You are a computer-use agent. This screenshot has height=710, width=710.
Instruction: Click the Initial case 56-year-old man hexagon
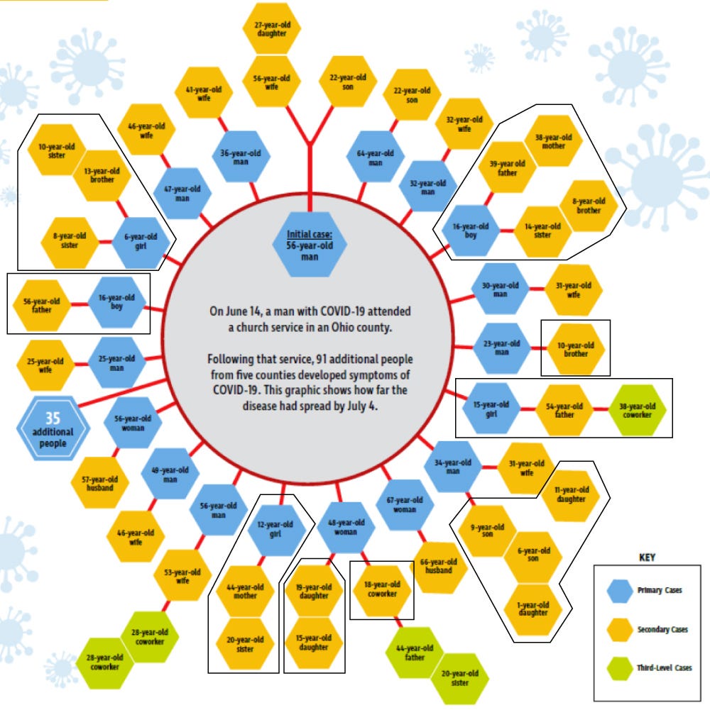(310, 245)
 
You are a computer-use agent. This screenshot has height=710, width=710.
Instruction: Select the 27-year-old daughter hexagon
(272, 29)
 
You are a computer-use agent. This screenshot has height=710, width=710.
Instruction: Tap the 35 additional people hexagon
(53, 428)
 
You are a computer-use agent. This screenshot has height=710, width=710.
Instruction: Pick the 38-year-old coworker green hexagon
(637, 410)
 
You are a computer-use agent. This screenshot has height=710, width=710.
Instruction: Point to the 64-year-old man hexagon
(376, 157)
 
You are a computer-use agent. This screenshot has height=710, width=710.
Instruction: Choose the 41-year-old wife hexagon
(204, 94)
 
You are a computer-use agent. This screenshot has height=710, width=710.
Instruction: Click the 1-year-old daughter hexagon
(533, 609)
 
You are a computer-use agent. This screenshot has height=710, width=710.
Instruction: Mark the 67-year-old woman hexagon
(405, 505)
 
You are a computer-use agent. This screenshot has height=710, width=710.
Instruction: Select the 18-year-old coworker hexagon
(382, 589)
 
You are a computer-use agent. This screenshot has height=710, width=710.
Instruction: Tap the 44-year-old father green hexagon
(415, 653)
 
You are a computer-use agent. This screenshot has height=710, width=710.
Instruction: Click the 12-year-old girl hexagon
(275, 529)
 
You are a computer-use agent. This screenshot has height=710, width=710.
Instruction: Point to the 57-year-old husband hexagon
(99, 483)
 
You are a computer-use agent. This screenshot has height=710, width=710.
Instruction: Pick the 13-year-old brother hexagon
(102, 175)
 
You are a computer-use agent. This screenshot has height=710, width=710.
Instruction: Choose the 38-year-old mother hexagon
(554, 141)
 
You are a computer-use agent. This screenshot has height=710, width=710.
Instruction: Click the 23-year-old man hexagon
(501, 348)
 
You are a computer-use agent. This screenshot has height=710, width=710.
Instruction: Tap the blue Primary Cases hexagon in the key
(620, 590)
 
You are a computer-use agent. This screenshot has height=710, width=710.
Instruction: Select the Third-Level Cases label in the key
(665, 667)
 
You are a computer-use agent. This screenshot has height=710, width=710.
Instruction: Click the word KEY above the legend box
(647, 558)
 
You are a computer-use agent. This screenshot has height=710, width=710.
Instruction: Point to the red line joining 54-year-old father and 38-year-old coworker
(601, 409)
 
